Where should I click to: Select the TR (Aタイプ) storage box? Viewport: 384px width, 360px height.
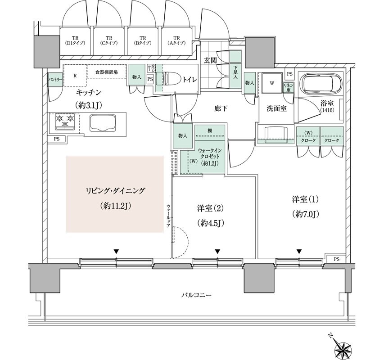click(176, 41)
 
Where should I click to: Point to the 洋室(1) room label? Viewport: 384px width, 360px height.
click(305, 198)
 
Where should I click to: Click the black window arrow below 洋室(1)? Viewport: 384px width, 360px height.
click(299, 252)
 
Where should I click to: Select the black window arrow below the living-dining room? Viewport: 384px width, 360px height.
click(116, 252)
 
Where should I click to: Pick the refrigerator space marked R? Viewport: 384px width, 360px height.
click(75, 76)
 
